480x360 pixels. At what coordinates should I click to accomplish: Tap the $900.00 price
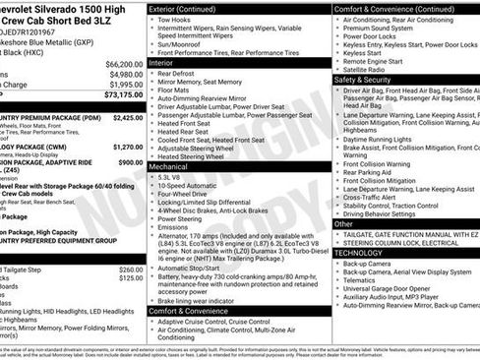point(131,162)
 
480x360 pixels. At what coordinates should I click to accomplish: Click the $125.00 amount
point(131,278)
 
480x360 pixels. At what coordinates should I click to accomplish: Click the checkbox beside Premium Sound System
point(337,30)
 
